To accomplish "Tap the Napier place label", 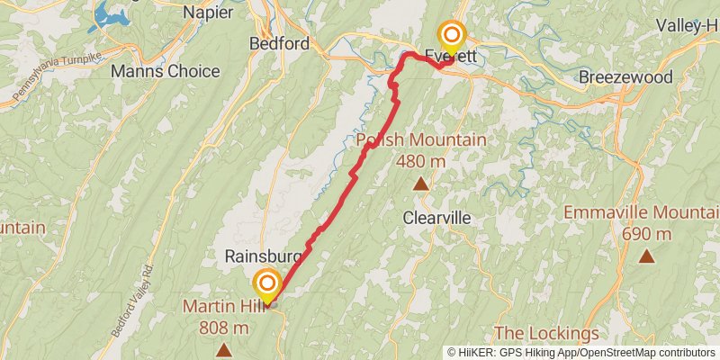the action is [x=208, y=12].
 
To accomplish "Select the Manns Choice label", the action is [x=177, y=70].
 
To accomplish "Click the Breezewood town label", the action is [x=625, y=77].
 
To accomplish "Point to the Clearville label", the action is [x=436, y=218].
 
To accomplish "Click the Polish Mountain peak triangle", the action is [x=420, y=184].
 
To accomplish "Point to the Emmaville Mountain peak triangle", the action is [x=646, y=256].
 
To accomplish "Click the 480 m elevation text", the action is [x=421, y=159].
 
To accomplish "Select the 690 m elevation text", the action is [x=646, y=233].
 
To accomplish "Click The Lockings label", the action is [x=546, y=334].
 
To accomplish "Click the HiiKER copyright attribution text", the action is [x=581, y=353].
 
